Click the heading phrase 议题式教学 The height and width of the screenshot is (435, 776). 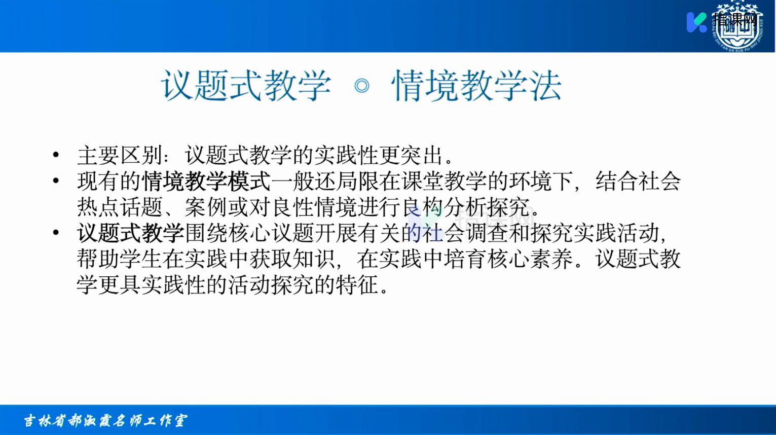point(246,85)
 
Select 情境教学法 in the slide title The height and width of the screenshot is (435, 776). point(476,85)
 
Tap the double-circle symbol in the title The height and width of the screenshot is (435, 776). point(362,86)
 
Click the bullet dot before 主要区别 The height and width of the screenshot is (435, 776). point(56,155)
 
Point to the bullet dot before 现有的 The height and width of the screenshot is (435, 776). point(56,180)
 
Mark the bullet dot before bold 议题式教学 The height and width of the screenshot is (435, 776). point(56,232)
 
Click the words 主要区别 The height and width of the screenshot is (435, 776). point(120,155)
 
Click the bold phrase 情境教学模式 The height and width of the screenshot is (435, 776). point(206,181)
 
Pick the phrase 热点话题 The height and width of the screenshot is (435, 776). point(120,207)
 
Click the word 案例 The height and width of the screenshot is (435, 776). point(206,207)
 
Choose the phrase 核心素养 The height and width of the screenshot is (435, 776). point(530,259)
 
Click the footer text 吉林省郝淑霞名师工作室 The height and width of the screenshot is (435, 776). point(105,421)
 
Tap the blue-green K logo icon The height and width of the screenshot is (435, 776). point(696,22)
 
